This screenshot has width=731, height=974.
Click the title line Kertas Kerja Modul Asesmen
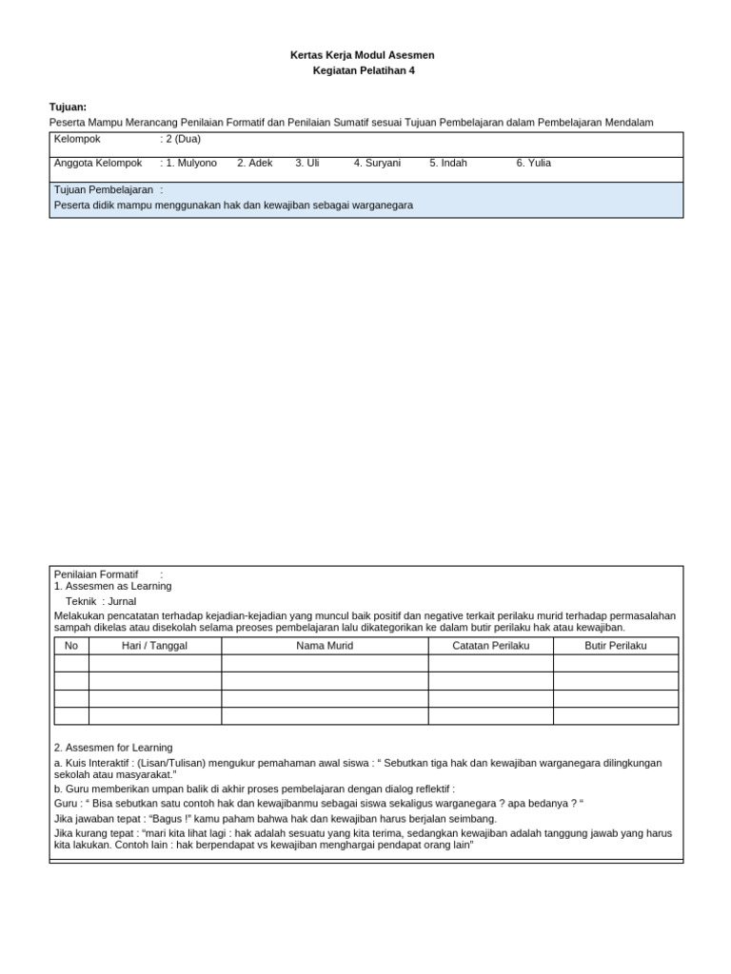coord(362,55)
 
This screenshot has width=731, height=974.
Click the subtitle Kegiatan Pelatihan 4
coord(364,70)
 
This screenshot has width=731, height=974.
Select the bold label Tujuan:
coord(68,107)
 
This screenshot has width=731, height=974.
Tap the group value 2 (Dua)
coord(183,139)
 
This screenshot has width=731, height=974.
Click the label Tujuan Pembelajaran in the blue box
coord(104,190)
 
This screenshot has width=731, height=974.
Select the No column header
coord(71,646)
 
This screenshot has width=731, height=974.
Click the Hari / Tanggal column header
coord(155,646)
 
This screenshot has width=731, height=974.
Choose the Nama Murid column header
coord(325,646)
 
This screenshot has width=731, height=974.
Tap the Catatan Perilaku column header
coord(490,646)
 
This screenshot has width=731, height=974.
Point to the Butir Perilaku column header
coord(616,646)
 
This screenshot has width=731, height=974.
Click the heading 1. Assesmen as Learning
coord(112,587)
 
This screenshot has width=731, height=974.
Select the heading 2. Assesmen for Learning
coord(113,748)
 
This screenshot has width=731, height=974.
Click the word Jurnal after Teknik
coord(122,601)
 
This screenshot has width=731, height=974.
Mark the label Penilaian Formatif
coord(96,575)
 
